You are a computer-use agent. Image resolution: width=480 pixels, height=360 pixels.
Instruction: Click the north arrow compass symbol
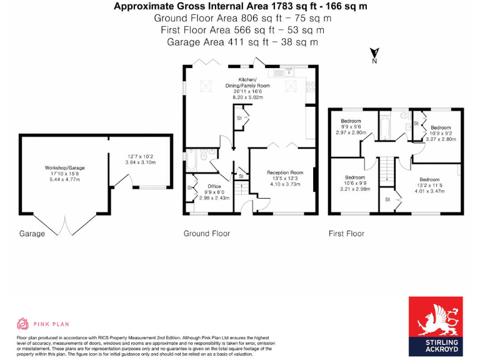374,56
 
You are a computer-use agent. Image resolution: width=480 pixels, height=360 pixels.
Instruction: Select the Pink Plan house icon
23,323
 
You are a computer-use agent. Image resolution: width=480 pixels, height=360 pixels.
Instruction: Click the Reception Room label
285,172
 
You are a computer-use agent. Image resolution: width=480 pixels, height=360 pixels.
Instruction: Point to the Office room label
214,186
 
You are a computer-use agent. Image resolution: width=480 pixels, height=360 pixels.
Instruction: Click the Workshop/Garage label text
64,167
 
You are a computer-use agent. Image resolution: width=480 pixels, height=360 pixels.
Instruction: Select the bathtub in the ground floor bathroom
191,159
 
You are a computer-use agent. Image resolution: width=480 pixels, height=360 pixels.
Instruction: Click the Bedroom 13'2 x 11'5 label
430,179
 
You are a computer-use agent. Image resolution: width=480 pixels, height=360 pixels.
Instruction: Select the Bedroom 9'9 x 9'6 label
351,121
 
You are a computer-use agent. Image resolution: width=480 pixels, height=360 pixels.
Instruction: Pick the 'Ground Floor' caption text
206,233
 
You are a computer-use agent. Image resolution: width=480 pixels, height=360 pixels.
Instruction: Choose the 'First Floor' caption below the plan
346,233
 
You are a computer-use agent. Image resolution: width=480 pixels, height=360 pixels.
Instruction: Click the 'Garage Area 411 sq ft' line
242,42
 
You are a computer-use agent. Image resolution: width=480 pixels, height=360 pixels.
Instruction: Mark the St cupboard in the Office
190,187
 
